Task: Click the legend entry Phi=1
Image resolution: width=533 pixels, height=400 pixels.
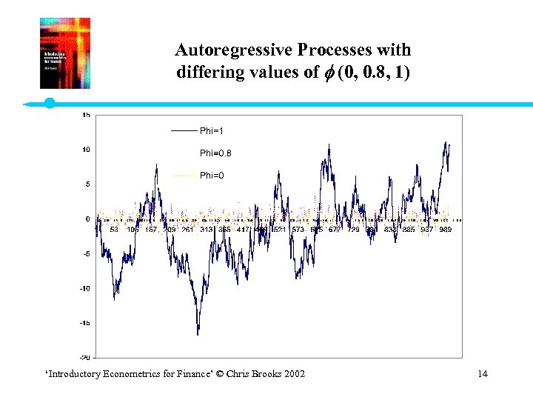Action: click(211, 131)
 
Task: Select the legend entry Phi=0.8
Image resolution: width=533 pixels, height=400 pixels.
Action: click(215, 153)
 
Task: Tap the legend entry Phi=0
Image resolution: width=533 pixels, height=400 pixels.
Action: click(211, 176)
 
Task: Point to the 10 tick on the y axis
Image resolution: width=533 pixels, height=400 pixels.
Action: click(86, 150)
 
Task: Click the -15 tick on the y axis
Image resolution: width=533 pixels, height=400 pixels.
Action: click(85, 323)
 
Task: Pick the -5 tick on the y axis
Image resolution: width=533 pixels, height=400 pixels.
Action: click(86, 253)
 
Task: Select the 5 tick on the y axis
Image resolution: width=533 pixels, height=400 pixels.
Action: click(87, 184)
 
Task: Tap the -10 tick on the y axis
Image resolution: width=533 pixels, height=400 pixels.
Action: click(85, 288)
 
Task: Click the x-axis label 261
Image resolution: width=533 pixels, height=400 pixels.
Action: click(187, 230)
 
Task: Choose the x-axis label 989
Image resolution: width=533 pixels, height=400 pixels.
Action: click(445, 230)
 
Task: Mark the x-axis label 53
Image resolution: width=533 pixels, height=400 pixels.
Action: click(114, 230)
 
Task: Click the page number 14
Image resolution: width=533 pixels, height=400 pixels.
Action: click(483, 373)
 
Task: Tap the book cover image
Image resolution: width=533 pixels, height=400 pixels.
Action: click(64, 53)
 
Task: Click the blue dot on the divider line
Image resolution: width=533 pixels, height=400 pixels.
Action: click(50, 103)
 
